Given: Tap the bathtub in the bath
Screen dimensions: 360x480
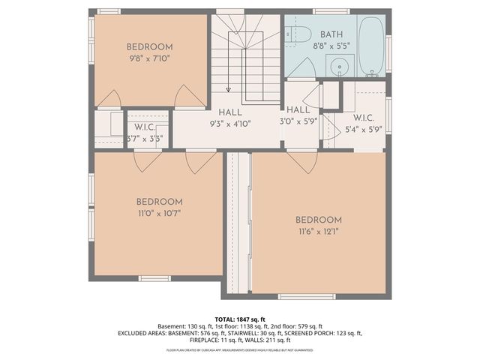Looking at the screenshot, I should tap(370, 46).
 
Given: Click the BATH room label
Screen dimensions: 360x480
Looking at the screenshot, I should tap(332, 34).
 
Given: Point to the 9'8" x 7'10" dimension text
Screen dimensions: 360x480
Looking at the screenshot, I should tap(149, 57).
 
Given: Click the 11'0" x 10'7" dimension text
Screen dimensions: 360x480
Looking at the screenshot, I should tap(159, 213).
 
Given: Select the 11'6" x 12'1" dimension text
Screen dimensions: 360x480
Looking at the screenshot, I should tap(318, 231).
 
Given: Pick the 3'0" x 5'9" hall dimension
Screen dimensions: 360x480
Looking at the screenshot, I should tap(299, 121).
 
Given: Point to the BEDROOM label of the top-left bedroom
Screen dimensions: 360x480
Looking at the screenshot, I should tap(149, 46).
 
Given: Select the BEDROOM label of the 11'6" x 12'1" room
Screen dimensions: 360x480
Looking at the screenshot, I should tap(318, 220).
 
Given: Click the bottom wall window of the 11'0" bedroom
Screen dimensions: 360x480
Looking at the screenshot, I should tap(154, 278).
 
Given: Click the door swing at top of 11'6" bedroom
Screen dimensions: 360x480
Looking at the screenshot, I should tap(301, 160).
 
